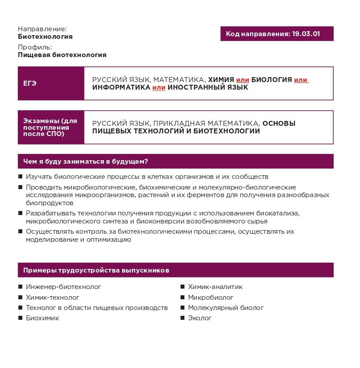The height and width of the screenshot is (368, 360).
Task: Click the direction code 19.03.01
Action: [x=306, y=34]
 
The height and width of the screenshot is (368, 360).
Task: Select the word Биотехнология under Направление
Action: [x=45, y=37]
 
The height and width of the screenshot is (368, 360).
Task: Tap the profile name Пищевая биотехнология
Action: [x=62, y=55]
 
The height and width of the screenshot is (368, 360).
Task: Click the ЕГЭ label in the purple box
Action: [x=30, y=83]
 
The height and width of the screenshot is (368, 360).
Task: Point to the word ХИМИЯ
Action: [x=221, y=79]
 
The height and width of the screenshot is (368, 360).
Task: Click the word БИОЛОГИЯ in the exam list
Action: [x=271, y=79]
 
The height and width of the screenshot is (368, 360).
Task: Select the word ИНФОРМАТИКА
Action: [x=121, y=87]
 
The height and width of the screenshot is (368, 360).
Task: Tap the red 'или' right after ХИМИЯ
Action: [x=242, y=79]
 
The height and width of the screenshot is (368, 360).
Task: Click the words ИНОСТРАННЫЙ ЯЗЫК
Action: [x=208, y=87]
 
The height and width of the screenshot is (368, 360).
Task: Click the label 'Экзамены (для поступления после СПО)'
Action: [x=50, y=127]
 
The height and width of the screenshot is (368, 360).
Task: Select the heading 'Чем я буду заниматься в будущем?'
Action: [x=86, y=161]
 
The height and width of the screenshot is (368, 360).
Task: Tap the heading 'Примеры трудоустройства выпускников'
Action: [x=96, y=270]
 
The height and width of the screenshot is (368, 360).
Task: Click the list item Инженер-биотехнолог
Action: [x=63, y=287]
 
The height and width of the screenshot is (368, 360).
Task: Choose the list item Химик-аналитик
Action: [x=215, y=287]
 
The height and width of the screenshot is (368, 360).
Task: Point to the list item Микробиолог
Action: [x=211, y=297]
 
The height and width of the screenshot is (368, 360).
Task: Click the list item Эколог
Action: [x=200, y=318]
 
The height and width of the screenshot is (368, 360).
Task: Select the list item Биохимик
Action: [x=42, y=318]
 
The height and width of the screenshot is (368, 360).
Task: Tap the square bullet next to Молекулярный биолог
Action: [x=183, y=308]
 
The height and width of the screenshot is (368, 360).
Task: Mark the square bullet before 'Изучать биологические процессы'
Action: [x=20, y=177]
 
